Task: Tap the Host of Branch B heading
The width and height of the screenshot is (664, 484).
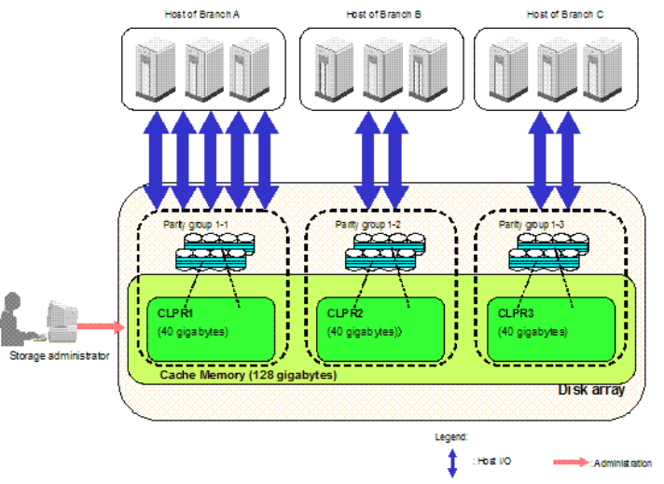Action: [382, 15]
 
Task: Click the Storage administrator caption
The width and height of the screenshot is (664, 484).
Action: [59, 355]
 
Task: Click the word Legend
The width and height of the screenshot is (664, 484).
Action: [450, 436]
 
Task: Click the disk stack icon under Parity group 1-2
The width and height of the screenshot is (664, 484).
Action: [383, 253]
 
